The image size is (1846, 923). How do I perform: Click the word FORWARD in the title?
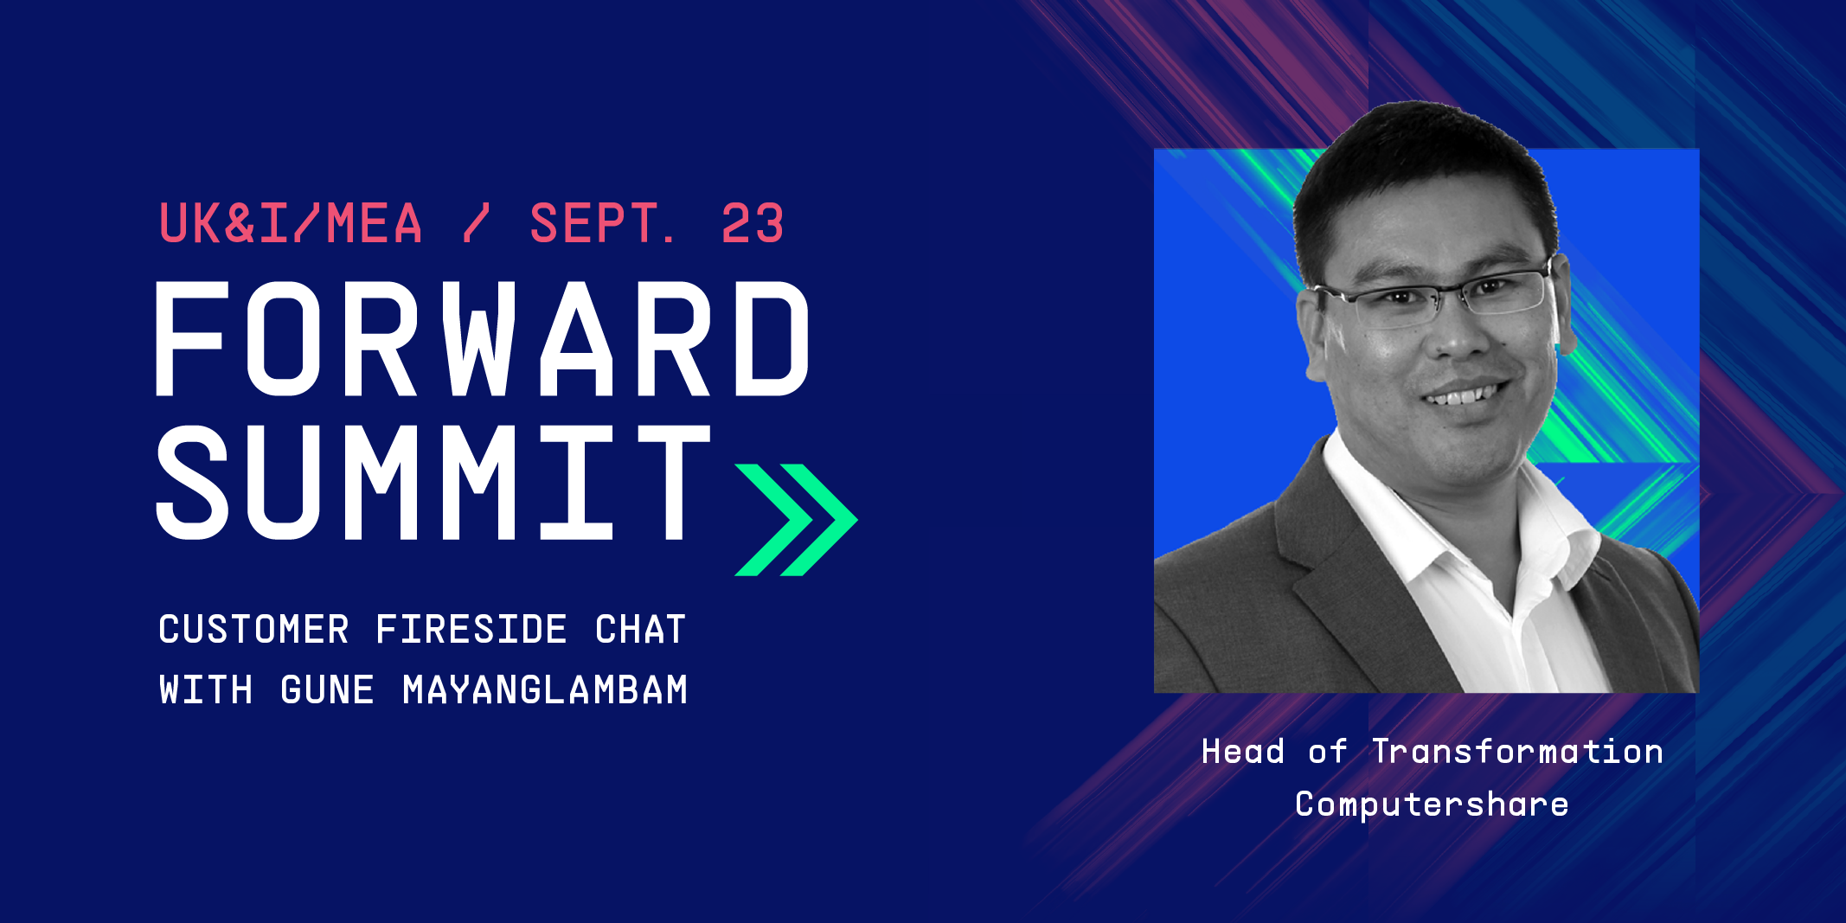pyautogui.click(x=482, y=338)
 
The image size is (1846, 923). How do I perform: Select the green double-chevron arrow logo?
pyautogui.click(x=796, y=520)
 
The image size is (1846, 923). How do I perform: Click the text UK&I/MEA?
pyautogui.click(x=291, y=223)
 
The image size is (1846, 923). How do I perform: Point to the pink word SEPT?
pyautogui.click(x=602, y=223)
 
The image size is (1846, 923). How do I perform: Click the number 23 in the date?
pyautogui.click(x=753, y=223)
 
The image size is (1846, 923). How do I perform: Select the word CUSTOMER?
pyautogui.click(x=254, y=629)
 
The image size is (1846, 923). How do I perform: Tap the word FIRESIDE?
pyautogui.click(x=471, y=629)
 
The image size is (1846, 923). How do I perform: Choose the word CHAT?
pyautogui.click(x=640, y=629)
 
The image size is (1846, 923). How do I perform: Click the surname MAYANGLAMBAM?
pyautogui.click(x=545, y=690)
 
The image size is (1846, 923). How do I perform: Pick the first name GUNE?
pyautogui.click(x=327, y=690)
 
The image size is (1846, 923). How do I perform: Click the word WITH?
pyautogui.click(x=206, y=690)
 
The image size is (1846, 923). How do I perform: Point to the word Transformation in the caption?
pyautogui.click(x=1518, y=752)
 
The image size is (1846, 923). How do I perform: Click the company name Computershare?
pyautogui.click(x=1432, y=804)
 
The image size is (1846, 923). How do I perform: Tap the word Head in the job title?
pyautogui.click(x=1243, y=752)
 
